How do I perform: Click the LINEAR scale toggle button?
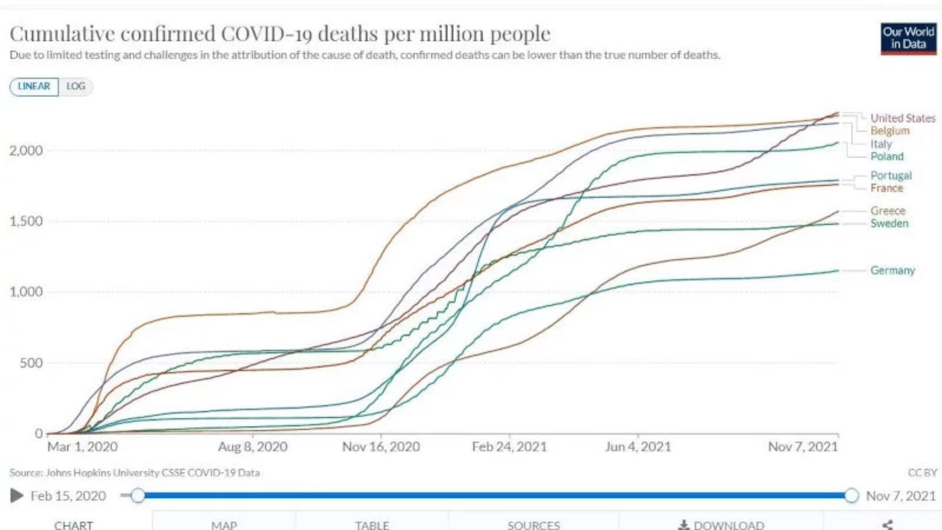coord(34,87)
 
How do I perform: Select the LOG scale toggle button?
coord(76,87)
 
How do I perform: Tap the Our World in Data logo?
coord(908,38)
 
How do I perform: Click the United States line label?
coord(903,118)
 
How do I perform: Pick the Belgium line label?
coord(890,131)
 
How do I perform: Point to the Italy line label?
coord(881,144)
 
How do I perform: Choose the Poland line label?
coord(887,157)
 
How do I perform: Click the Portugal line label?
coord(891,176)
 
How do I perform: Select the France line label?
coord(887,188)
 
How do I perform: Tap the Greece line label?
coord(888,211)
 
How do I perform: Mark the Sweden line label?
coord(889,223)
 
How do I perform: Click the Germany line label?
coord(892,270)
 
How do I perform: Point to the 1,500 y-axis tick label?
coord(26,221)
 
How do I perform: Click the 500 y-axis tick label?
coord(31,363)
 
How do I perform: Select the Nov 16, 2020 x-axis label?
coord(381,446)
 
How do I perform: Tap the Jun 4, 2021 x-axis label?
coord(637,446)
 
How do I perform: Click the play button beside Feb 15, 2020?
coord(16,495)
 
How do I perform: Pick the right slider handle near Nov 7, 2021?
coord(851,495)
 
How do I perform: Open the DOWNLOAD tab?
coord(721,525)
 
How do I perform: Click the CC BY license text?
coord(922,473)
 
